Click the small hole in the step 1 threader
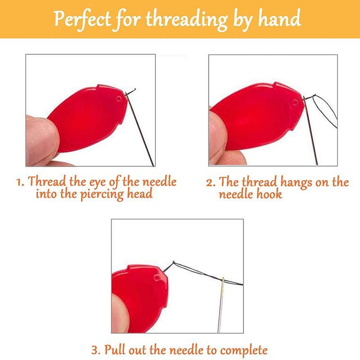click(118, 98)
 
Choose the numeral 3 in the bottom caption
click(95, 350)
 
